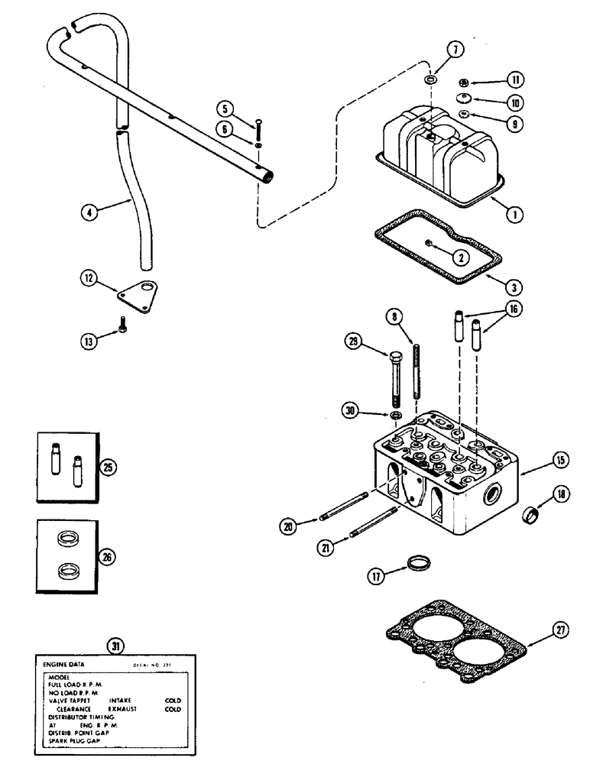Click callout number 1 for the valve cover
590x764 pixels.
[x=516, y=215]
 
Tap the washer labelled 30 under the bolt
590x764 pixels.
[x=395, y=415]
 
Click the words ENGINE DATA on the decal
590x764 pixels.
[x=65, y=664]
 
